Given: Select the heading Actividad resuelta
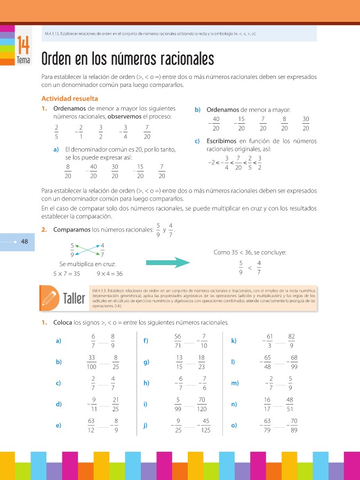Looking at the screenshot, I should (x=69, y=99).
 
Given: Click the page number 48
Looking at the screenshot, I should (x=25, y=242).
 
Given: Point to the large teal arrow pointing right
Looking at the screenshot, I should (x=168, y=262).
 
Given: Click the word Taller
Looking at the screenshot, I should (x=74, y=299).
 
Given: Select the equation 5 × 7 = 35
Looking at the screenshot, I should (x=67, y=274).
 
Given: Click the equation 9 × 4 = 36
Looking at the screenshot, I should (x=110, y=274).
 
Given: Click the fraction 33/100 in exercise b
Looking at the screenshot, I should (x=92, y=362).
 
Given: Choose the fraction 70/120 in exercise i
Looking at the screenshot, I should (x=201, y=404).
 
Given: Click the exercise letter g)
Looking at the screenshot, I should (x=146, y=362).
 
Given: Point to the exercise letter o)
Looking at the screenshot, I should (x=234, y=425).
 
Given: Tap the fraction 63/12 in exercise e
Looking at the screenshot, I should (x=92, y=425).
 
